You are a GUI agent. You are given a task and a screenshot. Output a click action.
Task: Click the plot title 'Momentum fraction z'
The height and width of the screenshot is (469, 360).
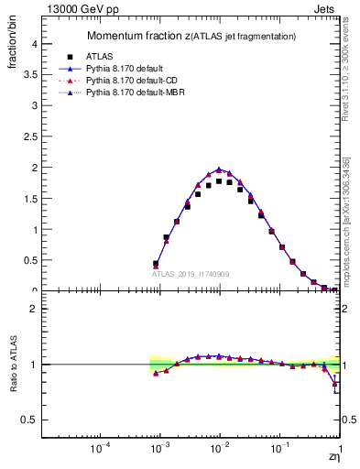(137, 36)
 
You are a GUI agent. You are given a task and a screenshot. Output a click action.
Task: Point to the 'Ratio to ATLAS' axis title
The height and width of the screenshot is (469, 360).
(12, 365)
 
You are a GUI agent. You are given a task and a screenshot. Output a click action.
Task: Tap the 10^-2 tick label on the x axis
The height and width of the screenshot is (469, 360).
(220, 449)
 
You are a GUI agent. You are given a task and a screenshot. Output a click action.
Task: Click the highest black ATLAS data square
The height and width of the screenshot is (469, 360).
(219, 181)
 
